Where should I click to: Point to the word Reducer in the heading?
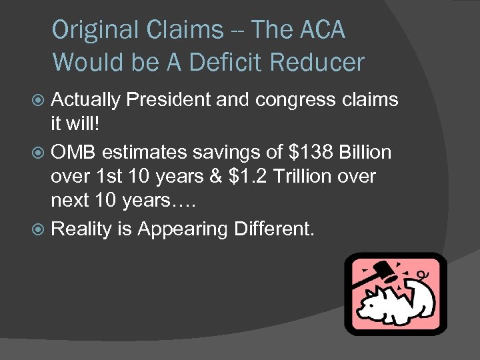(x=319, y=62)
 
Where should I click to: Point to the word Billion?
(x=366, y=153)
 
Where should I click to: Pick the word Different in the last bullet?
(x=272, y=229)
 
